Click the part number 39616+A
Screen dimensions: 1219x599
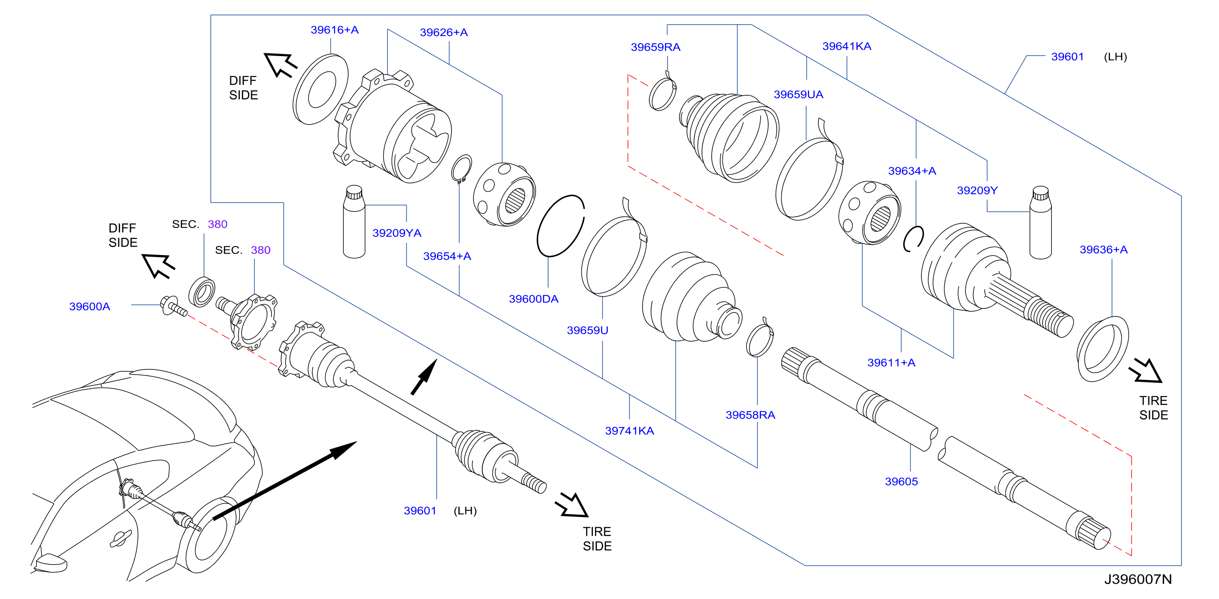(x=334, y=30)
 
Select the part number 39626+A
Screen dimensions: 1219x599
(x=443, y=32)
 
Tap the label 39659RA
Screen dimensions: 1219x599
(x=656, y=47)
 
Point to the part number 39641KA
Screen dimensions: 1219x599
(x=847, y=46)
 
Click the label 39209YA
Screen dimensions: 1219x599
(x=397, y=232)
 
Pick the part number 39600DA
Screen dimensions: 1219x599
(x=533, y=299)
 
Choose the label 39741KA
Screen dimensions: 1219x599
(x=629, y=431)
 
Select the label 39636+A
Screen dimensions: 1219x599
(x=1103, y=249)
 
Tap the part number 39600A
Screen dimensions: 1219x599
(x=89, y=306)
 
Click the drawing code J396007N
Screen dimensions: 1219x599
(x=1137, y=579)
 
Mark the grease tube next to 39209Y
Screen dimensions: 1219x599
(x=1040, y=223)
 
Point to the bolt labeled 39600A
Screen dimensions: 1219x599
(x=173, y=306)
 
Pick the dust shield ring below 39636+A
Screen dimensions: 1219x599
(x=1102, y=349)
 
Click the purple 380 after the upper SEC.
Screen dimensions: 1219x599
(x=218, y=224)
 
